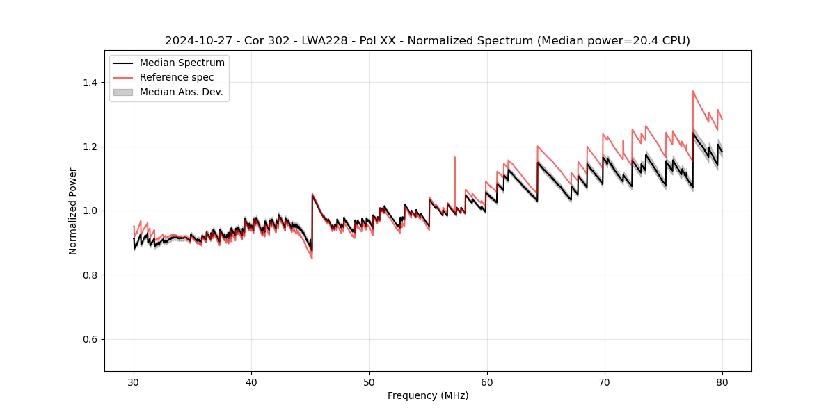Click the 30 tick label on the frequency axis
coord(134,382)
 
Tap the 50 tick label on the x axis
coord(369,382)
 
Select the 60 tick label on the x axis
coord(486,382)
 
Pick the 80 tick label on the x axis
coord(722,382)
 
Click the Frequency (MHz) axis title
coord(428,395)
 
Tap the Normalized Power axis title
coord(73,211)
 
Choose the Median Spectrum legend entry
coord(182,63)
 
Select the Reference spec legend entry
coord(177,77)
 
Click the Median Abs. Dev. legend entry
coord(181,92)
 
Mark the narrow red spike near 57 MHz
coord(454,158)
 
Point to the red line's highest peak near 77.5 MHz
coord(693,91)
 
